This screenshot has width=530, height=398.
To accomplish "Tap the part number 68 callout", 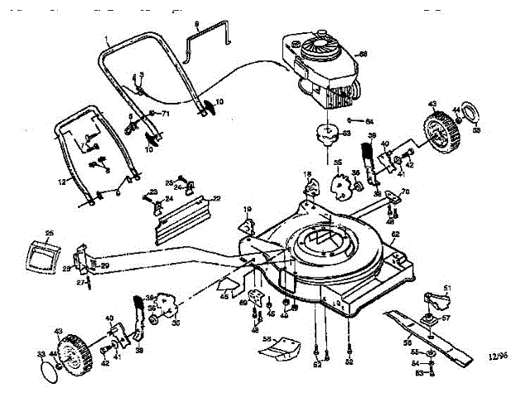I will (362, 54).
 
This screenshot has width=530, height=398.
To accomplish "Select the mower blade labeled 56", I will (431, 331).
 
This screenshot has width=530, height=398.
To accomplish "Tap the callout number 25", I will (49, 233).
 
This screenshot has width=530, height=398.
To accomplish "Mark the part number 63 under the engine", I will (346, 132).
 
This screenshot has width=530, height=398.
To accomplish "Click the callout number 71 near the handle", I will (165, 113).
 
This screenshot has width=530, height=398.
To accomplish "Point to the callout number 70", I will (405, 193).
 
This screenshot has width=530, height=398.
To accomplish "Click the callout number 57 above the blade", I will (445, 317).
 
